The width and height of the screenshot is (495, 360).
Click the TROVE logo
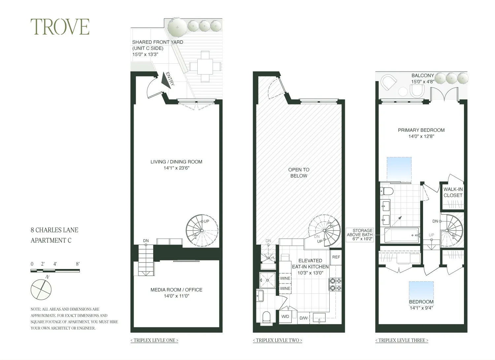pos(60,27)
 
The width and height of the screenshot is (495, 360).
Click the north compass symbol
pos(41,289)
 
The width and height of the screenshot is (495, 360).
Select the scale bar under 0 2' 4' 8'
pos(55,271)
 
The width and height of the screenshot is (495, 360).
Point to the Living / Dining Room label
pos(176,162)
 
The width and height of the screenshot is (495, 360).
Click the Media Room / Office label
pos(176,290)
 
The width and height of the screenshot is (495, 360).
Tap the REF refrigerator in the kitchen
pos(336,257)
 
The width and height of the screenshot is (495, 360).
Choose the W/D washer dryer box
pos(285,316)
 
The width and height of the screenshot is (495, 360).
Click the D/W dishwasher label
pos(304,318)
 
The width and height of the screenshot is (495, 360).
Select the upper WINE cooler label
pos(285,278)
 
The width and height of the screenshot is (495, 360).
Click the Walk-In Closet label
pos(453,192)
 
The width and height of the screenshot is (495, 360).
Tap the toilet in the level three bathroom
pos(386,191)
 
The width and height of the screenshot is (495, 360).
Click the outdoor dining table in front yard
pos(205,67)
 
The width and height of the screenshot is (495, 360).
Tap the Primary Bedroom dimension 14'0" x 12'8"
pos(421,136)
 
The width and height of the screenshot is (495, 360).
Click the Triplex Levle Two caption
pos(277,340)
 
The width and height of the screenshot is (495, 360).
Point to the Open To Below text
pos(299,173)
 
